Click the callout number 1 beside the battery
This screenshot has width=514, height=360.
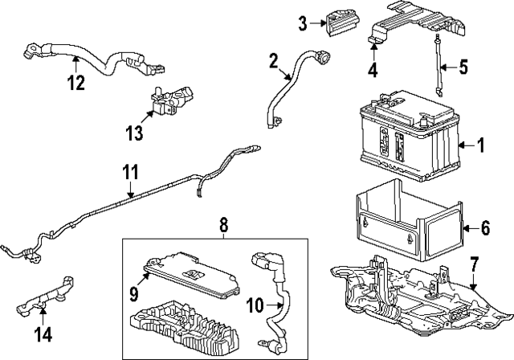(x=481, y=145)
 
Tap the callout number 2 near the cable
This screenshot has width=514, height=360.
(x=274, y=59)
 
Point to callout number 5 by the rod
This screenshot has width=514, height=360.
(x=463, y=67)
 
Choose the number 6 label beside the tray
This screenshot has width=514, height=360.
(x=484, y=228)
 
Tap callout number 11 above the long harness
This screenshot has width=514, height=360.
(x=130, y=172)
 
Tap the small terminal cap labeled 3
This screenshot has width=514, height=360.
(x=335, y=22)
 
